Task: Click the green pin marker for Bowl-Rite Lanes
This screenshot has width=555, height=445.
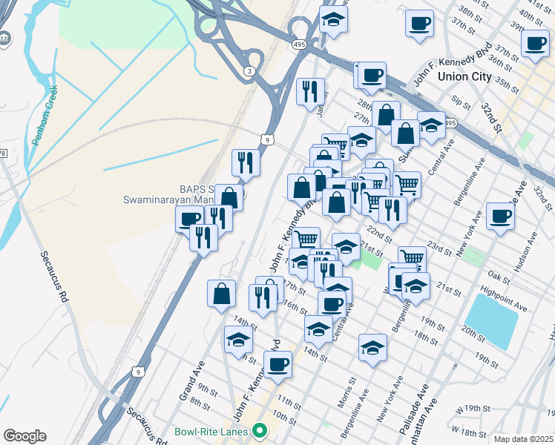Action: point(259,430)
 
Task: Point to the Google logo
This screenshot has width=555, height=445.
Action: point(24,436)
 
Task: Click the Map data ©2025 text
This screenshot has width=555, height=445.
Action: point(523,439)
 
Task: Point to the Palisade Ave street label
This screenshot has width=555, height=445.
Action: point(418,405)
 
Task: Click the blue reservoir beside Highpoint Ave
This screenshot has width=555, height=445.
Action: point(490,320)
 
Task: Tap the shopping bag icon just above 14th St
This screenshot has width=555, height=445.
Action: point(222,293)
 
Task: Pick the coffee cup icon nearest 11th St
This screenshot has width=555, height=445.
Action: point(277,364)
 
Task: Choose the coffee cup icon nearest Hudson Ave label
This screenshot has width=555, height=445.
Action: point(499,216)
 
